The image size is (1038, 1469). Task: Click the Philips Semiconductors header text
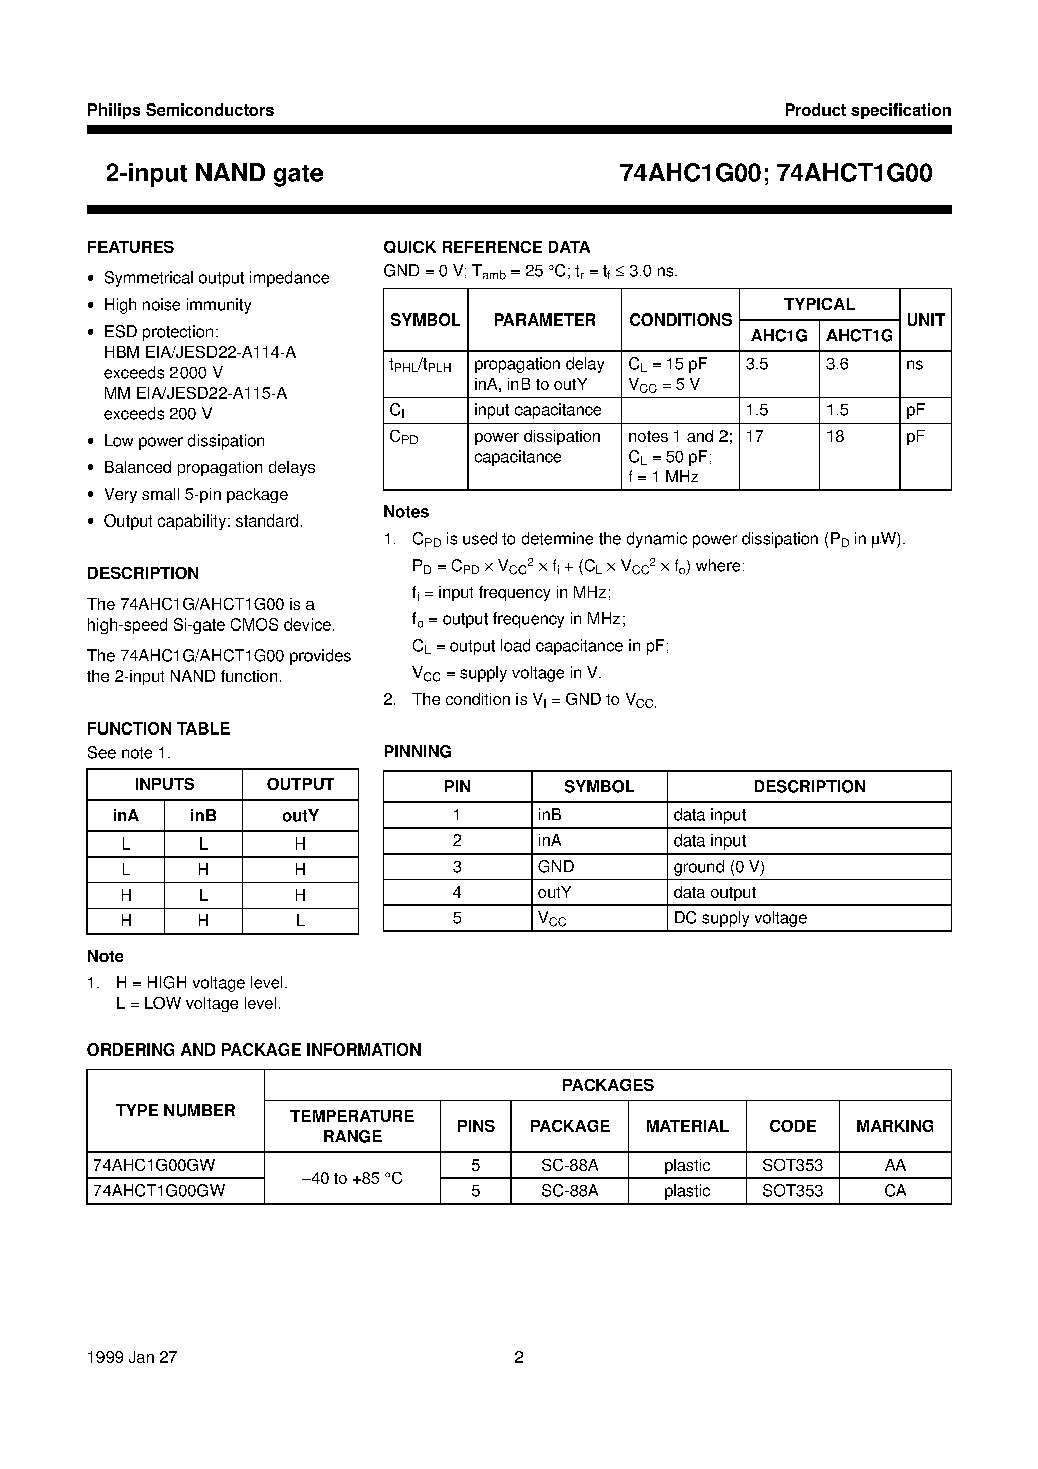(x=180, y=110)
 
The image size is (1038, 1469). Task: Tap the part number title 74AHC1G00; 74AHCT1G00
(x=776, y=173)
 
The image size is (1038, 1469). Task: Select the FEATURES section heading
(x=131, y=247)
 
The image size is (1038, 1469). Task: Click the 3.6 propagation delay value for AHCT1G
(x=837, y=364)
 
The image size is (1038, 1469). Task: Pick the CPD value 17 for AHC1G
(x=755, y=437)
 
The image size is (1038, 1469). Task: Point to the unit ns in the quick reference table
(x=914, y=364)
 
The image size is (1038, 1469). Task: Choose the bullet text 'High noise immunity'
(x=177, y=305)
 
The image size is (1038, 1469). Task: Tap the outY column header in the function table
(x=300, y=816)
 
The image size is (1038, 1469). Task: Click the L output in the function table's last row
(x=300, y=921)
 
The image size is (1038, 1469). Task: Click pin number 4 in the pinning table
(x=457, y=893)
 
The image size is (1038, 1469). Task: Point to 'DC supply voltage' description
(x=741, y=918)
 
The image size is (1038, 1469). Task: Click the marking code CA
(x=895, y=1191)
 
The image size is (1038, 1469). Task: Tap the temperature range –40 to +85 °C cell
(x=352, y=1178)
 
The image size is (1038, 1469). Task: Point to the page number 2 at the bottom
(x=519, y=1357)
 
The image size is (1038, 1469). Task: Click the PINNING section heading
(x=417, y=751)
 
